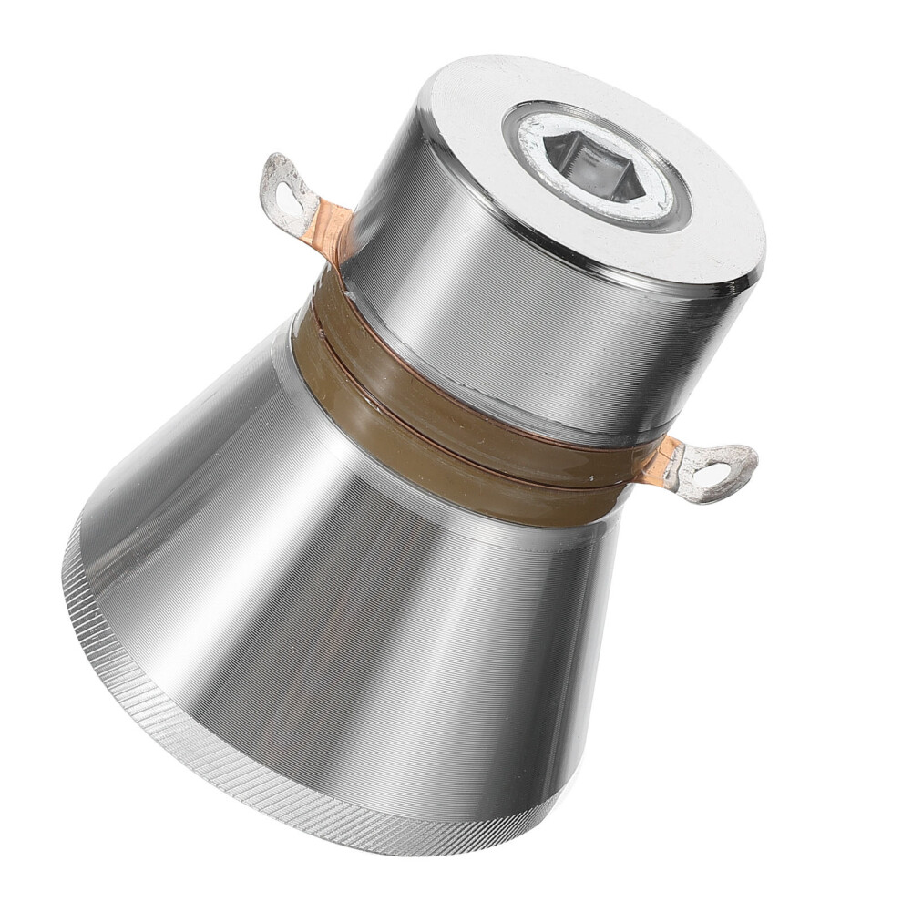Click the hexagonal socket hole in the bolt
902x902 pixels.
pos(593,167)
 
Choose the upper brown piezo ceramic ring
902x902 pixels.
pos(456,374)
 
